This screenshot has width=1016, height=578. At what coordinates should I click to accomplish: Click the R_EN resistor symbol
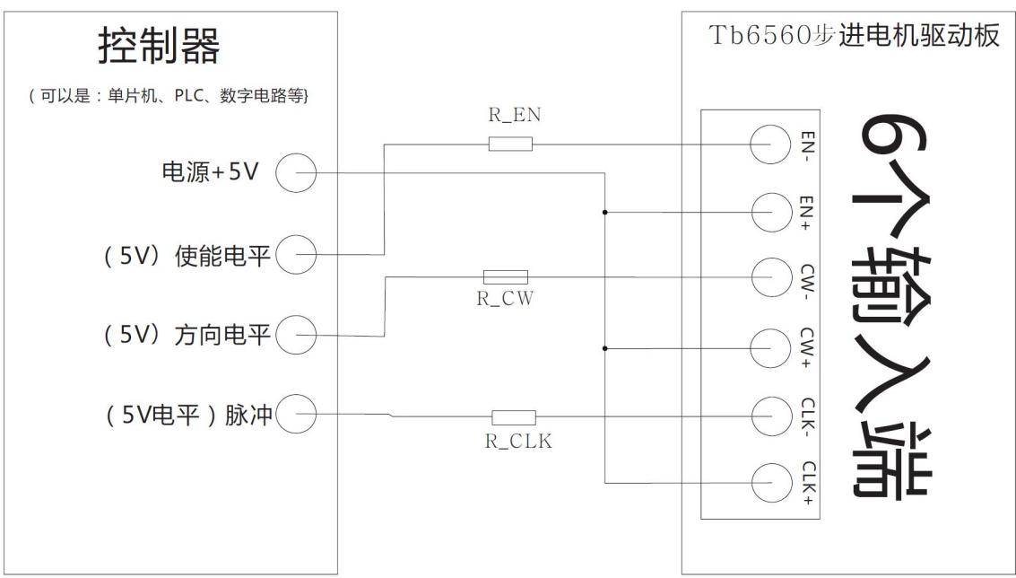510,144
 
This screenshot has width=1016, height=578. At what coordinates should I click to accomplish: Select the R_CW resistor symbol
505,276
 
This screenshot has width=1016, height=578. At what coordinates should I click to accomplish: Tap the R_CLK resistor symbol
513,416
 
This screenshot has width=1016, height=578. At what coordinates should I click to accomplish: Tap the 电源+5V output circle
295,173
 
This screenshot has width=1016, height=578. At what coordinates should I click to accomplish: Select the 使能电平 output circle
295,255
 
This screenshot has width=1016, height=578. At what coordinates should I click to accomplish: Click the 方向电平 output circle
295,337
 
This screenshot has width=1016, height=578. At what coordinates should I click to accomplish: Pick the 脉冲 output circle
295,415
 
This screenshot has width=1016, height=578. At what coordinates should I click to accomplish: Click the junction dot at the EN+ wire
606,213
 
